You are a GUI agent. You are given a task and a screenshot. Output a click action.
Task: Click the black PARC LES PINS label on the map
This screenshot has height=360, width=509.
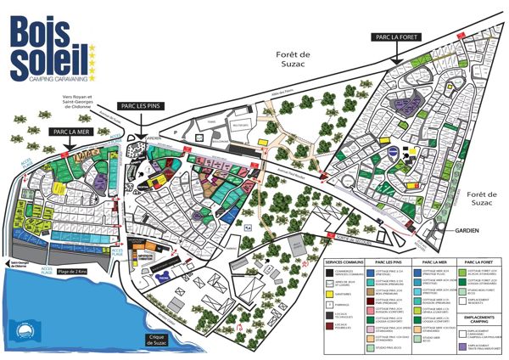[141, 105]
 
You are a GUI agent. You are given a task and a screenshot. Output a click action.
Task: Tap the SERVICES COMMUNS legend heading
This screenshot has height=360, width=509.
[344, 263]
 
